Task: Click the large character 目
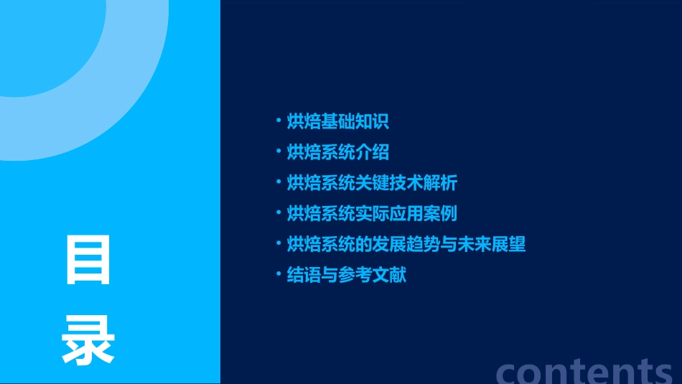pos(88,260)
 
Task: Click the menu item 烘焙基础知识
pos(337,121)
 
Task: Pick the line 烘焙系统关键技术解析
pos(371,183)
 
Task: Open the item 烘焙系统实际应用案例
pos(371,214)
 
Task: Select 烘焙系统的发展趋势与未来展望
pos(406,244)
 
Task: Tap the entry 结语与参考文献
pos(346,275)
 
